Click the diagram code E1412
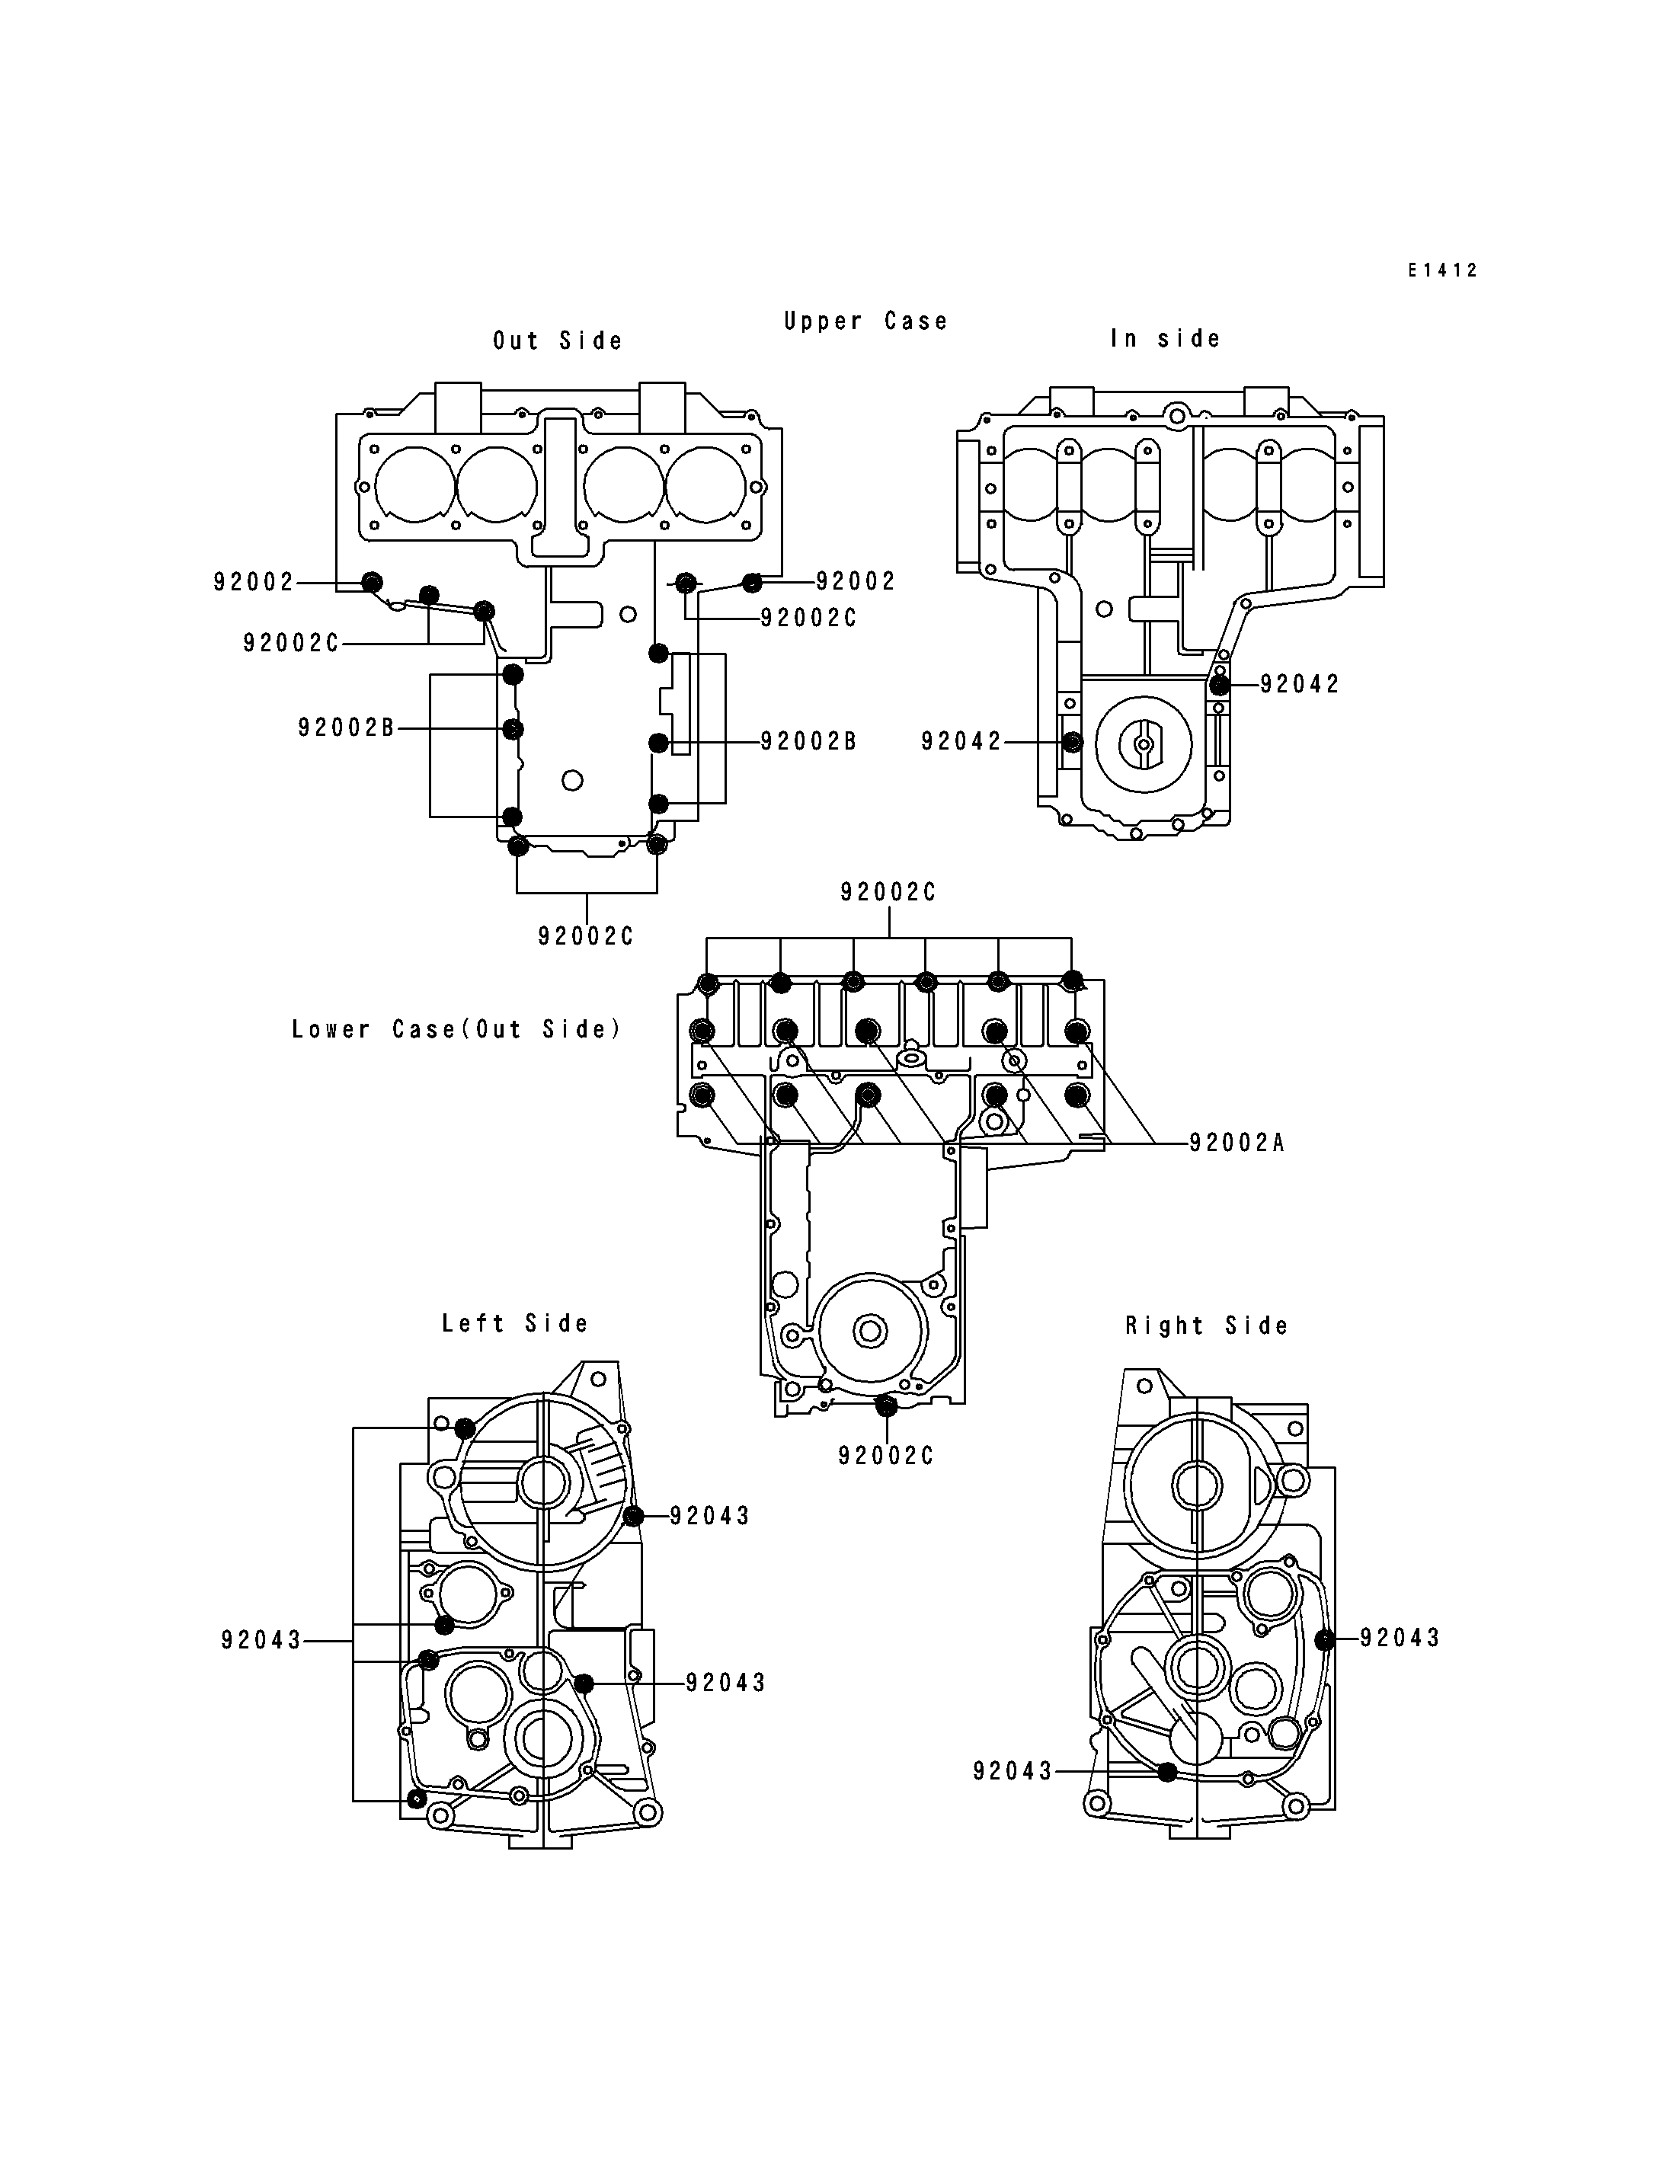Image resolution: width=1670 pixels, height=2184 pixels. (x=1442, y=270)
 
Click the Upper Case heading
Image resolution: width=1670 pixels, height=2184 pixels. (x=865, y=321)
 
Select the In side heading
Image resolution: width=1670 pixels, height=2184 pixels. (x=1165, y=339)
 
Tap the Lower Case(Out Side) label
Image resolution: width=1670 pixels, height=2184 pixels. (x=456, y=1029)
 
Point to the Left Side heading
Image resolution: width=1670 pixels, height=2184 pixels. (x=515, y=1323)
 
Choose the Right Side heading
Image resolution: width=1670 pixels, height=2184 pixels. (x=1207, y=1325)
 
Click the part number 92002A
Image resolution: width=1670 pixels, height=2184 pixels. (x=1237, y=1143)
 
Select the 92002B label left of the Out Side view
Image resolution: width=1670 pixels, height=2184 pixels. (x=346, y=727)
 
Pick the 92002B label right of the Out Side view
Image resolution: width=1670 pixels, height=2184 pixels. (x=808, y=742)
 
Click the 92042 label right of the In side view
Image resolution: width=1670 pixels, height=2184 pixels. (x=1299, y=684)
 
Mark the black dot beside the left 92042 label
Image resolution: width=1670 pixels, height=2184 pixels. (x=1072, y=742)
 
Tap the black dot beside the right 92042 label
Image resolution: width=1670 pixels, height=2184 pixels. (x=1220, y=685)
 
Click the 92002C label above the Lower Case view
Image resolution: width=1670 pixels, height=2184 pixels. (x=888, y=893)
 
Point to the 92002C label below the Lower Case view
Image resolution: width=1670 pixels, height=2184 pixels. (x=886, y=1457)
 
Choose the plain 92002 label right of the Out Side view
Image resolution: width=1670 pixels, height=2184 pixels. (x=856, y=580)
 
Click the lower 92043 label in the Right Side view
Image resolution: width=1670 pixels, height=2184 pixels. (x=1013, y=1771)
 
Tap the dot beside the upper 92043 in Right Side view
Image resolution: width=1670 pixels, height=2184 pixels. (x=1324, y=1640)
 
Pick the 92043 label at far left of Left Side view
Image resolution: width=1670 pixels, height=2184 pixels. (x=261, y=1640)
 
